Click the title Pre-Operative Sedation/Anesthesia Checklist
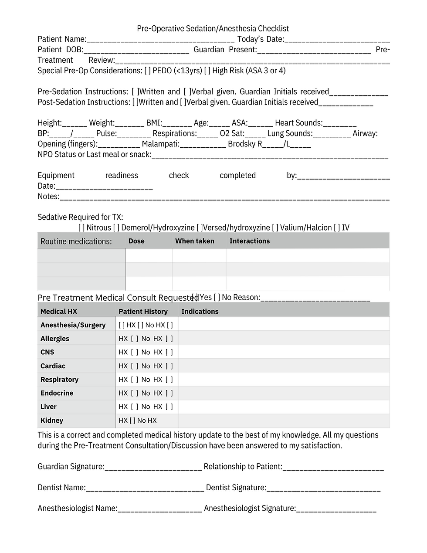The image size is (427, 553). (x=213, y=29)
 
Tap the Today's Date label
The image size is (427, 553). (x=260, y=39)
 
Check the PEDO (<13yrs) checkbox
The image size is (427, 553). (x=148, y=71)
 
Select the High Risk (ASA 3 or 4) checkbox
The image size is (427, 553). (x=207, y=71)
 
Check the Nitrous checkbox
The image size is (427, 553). (x=81, y=227)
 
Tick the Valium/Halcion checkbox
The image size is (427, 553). (x=275, y=227)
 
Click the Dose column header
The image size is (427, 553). (x=136, y=241)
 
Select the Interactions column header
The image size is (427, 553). (x=249, y=241)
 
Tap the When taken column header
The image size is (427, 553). (x=194, y=241)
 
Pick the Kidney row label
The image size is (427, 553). (x=51, y=421)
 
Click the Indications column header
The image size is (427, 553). (x=200, y=312)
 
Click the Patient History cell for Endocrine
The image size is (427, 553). (x=146, y=393)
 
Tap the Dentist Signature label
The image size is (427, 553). (x=235, y=488)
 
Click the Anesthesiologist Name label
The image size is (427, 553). (x=77, y=509)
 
